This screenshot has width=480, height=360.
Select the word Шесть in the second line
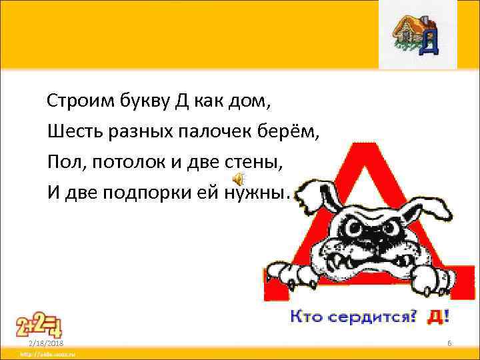(70, 132)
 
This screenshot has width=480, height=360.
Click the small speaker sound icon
(239, 179)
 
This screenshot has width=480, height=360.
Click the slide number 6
(449, 343)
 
